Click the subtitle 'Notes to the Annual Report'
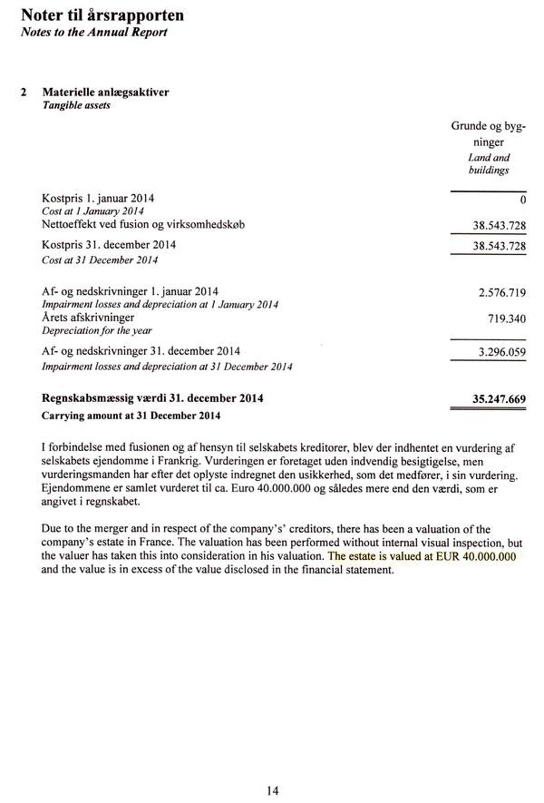click(93, 33)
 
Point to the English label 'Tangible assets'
click(76, 105)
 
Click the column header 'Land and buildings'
click(489, 163)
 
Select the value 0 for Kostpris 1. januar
click(524, 199)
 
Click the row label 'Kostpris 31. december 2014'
click(109, 245)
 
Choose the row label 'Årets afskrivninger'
click(88, 318)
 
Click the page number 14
click(273, 790)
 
